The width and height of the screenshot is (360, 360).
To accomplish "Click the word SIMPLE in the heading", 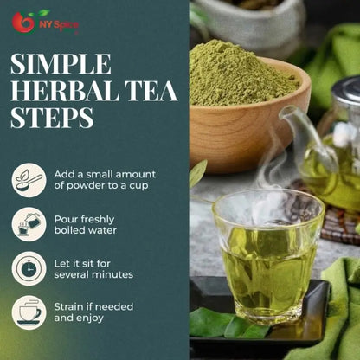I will click(x=61, y=64).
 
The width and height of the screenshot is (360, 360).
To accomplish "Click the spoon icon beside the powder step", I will click(x=29, y=180).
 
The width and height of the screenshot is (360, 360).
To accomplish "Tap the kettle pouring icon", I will click(x=29, y=224).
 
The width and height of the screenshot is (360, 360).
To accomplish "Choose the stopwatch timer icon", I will click(x=29, y=268).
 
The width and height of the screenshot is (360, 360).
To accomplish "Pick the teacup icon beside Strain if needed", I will click(x=29, y=312).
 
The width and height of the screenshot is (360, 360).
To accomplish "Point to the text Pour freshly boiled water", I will click(x=85, y=224).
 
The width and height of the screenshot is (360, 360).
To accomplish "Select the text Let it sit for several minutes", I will click(x=93, y=268).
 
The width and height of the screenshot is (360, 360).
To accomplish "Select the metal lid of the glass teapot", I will click(x=346, y=91).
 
